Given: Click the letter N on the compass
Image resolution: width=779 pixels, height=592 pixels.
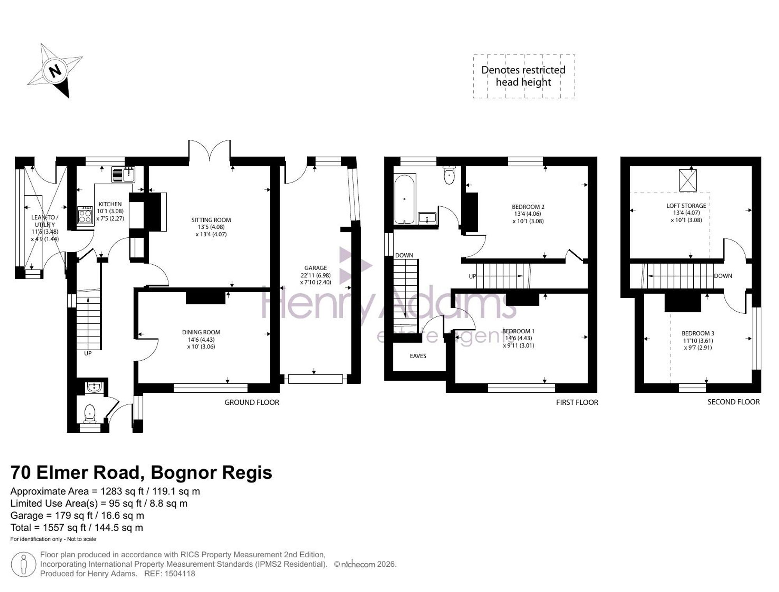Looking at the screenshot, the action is point(55,71).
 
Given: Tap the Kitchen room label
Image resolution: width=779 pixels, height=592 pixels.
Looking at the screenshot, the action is point(110,204).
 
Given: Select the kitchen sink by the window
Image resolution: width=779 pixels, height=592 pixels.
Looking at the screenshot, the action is point(123,174).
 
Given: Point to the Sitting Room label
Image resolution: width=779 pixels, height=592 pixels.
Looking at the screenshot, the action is point(211,220).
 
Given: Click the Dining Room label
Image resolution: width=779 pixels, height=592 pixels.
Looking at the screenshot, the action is point(201,332).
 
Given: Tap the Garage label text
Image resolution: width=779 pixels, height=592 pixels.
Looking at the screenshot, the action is point(315,268).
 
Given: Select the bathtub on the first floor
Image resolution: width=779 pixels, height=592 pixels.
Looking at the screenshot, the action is point(405,199).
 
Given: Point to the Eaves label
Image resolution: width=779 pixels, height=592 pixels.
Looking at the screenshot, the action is point(418,356).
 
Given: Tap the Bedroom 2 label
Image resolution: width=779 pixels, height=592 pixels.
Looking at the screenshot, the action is point(528,207).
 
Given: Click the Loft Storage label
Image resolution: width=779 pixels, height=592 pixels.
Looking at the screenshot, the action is point(686,206).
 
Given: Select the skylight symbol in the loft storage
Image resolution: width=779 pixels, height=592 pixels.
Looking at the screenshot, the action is point(688,180).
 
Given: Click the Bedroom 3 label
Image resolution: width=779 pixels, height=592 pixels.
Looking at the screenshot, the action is point(698,333).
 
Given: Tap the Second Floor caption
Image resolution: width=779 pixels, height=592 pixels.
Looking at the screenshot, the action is point(733,402).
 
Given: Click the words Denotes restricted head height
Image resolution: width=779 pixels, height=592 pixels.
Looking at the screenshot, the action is point(523,76).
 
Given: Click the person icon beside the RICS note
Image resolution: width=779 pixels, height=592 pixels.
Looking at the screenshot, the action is point(24,564).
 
